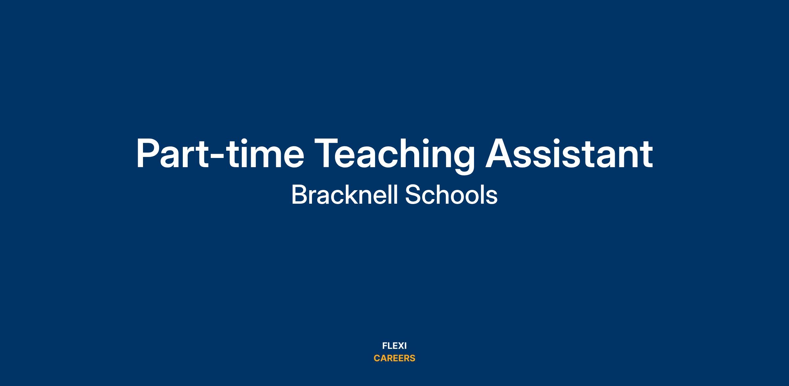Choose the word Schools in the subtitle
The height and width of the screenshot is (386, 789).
[x=451, y=195]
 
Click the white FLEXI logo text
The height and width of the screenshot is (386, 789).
[x=394, y=346]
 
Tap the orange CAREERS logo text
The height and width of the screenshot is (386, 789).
[x=394, y=358]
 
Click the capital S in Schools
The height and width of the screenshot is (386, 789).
[x=413, y=195]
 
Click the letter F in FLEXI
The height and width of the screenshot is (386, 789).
[x=385, y=346]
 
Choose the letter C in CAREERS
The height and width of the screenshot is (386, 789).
[x=377, y=358]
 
